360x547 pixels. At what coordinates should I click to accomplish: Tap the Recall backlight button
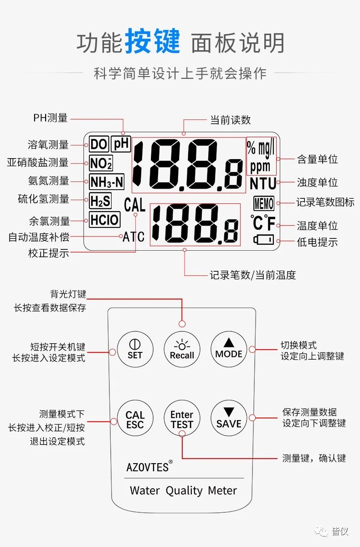[182, 350]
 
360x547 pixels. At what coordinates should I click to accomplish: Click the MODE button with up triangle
[229, 349]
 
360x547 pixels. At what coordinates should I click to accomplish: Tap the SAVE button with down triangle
[229, 418]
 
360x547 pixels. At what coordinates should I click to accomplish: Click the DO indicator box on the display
[99, 144]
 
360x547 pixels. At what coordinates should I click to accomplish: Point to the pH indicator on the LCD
[121, 144]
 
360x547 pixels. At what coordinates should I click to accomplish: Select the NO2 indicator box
[101, 163]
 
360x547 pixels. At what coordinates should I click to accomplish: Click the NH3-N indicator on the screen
[107, 182]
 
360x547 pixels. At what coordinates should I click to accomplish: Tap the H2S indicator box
[100, 201]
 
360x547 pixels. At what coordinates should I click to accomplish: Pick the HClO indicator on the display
[105, 220]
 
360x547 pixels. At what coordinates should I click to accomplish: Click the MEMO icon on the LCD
[263, 203]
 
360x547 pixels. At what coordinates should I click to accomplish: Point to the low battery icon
[263, 240]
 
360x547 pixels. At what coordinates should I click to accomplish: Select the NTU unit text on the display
[263, 184]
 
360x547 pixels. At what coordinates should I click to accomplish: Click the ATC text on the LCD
[134, 237]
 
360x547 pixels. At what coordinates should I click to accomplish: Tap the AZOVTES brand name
[147, 467]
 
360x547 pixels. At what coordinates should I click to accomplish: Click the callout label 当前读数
[231, 120]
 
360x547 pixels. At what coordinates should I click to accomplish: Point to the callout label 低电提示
[317, 242]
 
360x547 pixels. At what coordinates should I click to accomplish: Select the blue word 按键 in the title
[153, 41]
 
